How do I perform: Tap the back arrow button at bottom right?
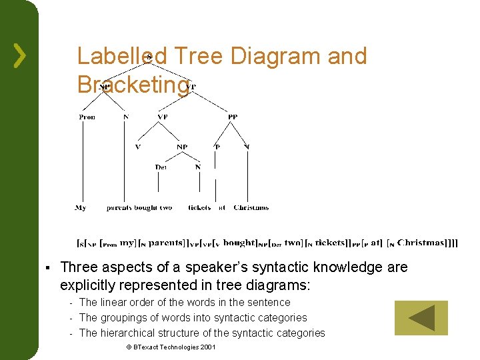tap(421, 318)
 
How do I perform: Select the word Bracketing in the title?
tap(133, 85)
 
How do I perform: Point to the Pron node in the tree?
tap(87, 117)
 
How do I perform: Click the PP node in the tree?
tap(232, 117)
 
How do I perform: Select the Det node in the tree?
tap(161, 167)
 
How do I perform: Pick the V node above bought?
tap(138, 147)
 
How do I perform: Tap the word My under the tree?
tap(80, 208)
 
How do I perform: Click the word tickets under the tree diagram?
tap(199, 208)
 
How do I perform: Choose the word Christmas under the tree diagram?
tap(251, 208)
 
